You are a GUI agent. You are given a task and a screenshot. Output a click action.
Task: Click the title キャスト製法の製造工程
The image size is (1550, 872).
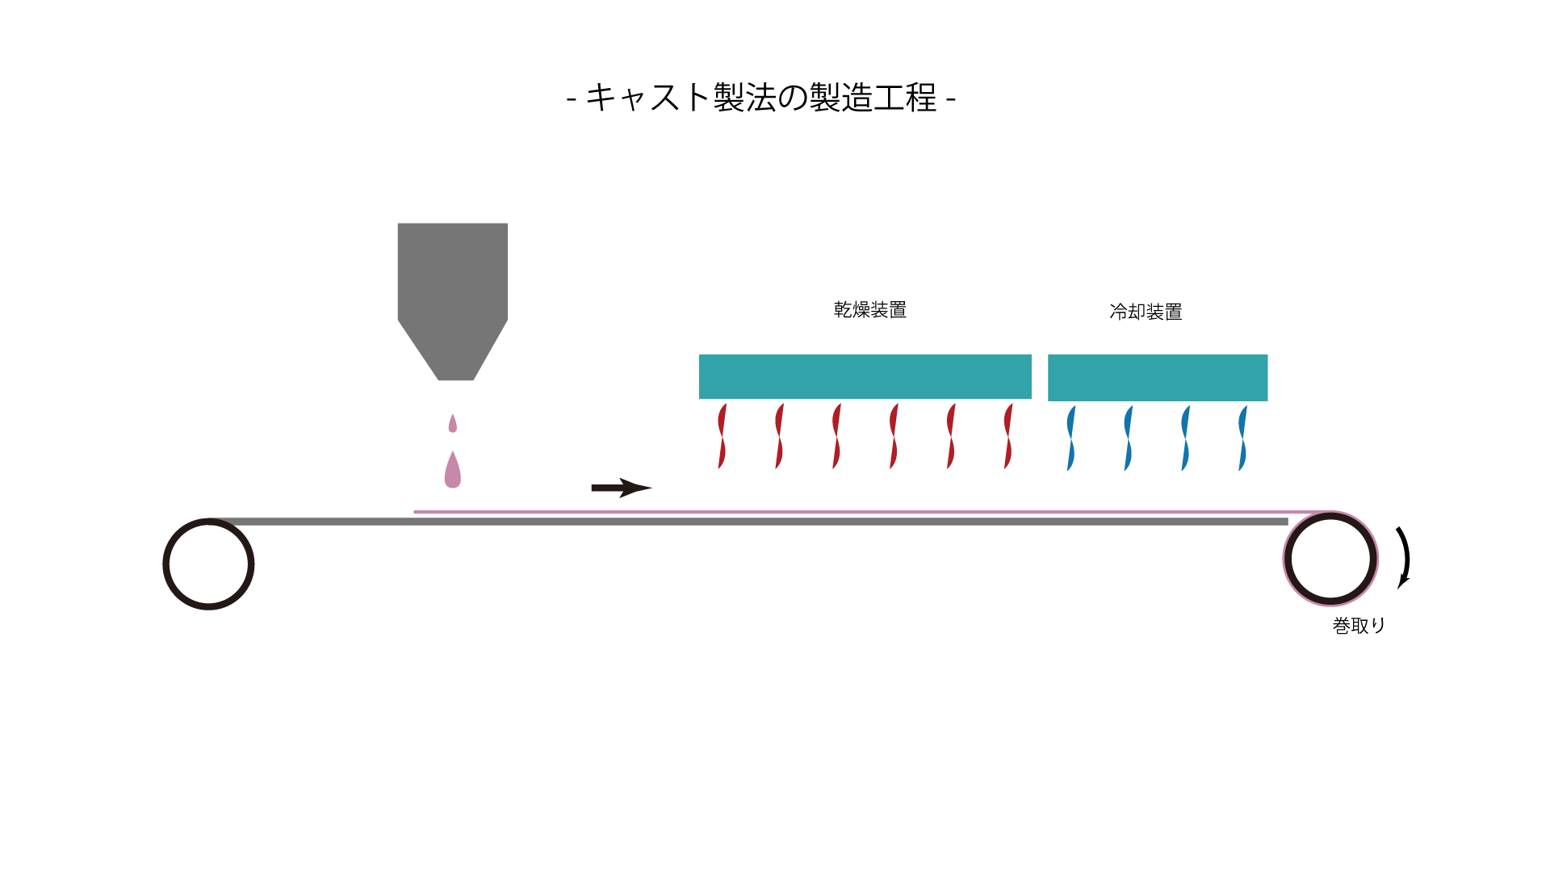point(761,98)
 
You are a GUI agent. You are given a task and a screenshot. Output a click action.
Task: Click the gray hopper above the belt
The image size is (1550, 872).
point(453,301)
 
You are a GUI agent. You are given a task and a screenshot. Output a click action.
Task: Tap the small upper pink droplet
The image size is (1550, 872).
point(453,423)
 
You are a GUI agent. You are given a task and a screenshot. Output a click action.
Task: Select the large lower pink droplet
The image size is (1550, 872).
point(453,469)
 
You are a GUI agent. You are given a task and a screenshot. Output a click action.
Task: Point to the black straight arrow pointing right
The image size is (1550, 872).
point(622,488)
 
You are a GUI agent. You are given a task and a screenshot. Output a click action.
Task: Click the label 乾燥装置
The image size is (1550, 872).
point(870,310)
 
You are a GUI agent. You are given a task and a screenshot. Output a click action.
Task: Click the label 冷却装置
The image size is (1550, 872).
point(1146,312)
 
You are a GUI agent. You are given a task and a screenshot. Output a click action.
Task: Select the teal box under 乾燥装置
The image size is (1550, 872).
point(865,376)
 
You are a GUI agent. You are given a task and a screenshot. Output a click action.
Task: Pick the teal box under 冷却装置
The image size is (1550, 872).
point(1158,378)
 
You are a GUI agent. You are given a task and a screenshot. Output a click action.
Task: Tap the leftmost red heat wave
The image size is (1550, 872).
point(722,436)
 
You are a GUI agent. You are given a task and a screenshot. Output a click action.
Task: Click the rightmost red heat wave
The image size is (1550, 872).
point(1008,436)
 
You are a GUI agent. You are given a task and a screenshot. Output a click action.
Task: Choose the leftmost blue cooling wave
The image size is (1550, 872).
point(1071,438)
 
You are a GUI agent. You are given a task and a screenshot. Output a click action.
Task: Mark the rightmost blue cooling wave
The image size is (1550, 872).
point(1243,438)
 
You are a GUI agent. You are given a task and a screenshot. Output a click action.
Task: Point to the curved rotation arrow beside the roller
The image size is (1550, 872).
point(1406,557)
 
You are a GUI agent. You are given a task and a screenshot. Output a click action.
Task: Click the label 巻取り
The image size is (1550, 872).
point(1359,626)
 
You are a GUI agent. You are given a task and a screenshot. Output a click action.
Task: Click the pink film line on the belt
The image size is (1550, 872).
point(872,512)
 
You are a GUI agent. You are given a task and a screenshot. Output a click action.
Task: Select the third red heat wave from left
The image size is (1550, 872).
point(836,436)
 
